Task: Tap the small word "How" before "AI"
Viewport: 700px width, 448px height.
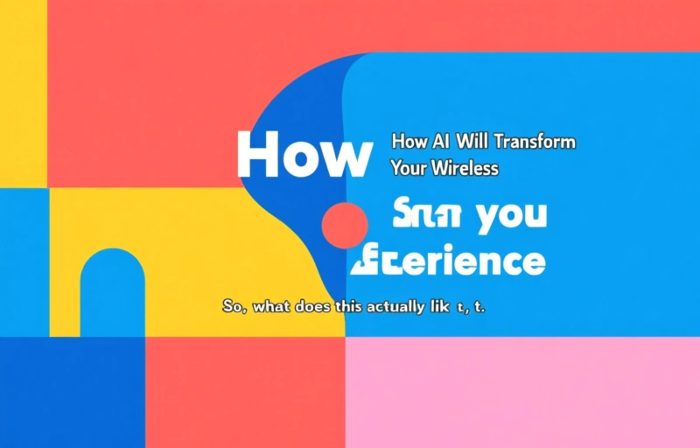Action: [x=408, y=142]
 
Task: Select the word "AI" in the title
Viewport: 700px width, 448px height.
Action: [x=441, y=142]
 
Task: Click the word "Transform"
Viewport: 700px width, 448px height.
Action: [x=535, y=142]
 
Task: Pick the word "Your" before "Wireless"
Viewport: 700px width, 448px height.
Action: [x=407, y=169]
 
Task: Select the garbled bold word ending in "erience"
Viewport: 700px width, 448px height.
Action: [x=447, y=260]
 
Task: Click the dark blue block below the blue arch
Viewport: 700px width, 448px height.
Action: [x=72, y=392]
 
